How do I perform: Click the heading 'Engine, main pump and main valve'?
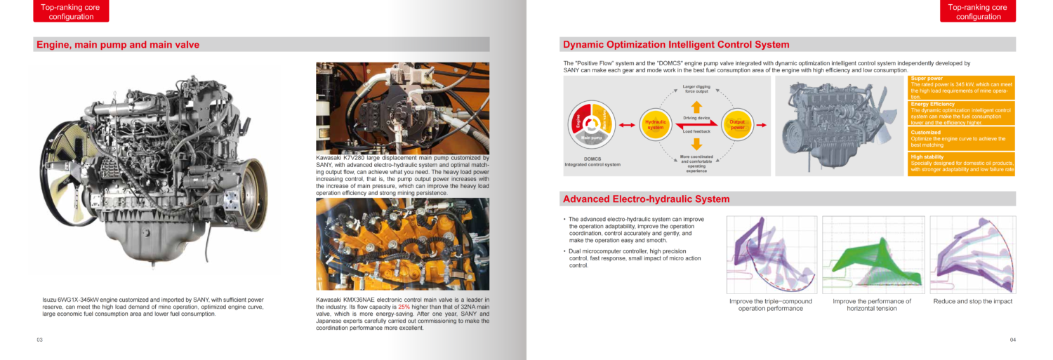[x=117, y=45]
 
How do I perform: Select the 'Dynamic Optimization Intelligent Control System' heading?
[x=676, y=45]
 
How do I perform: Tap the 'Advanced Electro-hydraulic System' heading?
[x=646, y=199]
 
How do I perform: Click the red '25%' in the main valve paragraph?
[x=404, y=307]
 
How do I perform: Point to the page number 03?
[x=40, y=340]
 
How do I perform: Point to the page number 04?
[x=1013, y=340]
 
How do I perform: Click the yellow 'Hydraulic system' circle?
[x=655, y=125]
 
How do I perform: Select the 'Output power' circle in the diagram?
[x=737, y=125]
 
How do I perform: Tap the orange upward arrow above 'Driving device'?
[x=696, y=107]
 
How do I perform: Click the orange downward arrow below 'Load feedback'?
[x=696, y=144]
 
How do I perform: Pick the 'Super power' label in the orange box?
[x=926, y=79]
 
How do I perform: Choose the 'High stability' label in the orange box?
[x=927, y=157]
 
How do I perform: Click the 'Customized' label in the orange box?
[x=925, y=132]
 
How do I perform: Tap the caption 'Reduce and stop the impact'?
[x=972, y=302]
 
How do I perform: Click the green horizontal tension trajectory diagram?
[x=872, y=254]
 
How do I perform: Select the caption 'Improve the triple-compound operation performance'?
[x=770, y=305]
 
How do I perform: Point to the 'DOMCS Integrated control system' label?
[x=592, y=162]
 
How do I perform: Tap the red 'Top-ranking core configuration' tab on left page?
[x=71, y=11]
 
